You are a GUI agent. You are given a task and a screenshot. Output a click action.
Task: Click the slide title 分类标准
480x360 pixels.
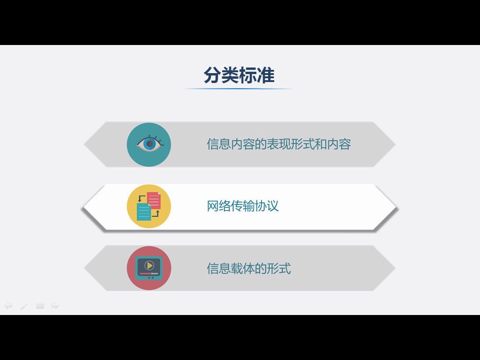[x=239, y=75]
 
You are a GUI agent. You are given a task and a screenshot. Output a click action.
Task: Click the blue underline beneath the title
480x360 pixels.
[x=239, y=89]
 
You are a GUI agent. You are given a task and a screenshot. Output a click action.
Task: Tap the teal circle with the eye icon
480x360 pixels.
[x=149, y=144]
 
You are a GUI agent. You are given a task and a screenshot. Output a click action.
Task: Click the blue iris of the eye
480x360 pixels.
[x=150, y=143]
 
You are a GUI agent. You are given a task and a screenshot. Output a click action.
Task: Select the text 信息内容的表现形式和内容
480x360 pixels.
[x=279, y=144]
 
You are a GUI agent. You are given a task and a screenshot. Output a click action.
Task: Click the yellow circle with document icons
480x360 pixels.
[x=149, y=206]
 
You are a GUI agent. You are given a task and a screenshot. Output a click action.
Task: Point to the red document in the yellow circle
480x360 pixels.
[x=154, y=201]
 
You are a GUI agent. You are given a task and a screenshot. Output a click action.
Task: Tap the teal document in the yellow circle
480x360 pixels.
[x=144, y=212]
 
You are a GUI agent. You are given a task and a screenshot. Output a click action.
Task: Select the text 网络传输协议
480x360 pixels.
[x=243, y=206]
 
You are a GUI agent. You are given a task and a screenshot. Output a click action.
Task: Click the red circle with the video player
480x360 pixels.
[x=149, y=268]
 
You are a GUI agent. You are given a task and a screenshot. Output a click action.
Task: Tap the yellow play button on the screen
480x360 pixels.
[x=149, y=265]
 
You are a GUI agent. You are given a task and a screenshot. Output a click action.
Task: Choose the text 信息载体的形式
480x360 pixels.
[x=249, y=269]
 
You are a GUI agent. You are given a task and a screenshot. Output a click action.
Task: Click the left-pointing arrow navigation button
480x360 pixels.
[x=8, y=305]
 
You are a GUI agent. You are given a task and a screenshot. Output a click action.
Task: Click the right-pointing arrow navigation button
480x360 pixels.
[x=55, y=305]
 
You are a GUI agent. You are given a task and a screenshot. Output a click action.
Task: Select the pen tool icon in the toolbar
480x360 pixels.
[x=24, y=306]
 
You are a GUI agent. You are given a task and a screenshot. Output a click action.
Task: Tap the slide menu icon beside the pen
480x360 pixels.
[x=40, y=306]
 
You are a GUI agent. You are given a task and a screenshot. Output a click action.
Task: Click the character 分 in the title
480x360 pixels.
[x=212, y=75]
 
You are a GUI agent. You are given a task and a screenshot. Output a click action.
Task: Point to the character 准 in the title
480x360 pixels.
[x=266, y=75]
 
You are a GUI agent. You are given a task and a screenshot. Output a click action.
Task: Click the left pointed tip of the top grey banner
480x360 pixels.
[x=84, y=144]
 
